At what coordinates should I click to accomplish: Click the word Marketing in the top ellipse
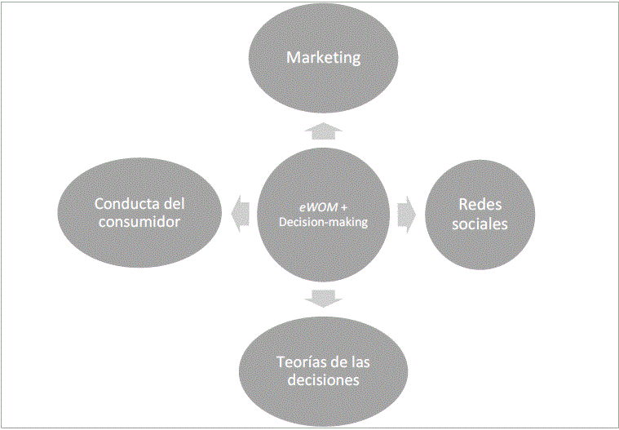coord(323,58)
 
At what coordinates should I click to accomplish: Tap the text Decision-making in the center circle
coord(324,223)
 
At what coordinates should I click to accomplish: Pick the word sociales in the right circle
coord(479,223)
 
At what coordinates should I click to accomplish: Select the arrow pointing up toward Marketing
coord(323,131)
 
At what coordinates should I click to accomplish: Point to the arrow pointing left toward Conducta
coord(241,214)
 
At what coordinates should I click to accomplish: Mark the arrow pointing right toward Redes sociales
coord(406,214)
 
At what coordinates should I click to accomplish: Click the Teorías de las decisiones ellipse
coord(323,400)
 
